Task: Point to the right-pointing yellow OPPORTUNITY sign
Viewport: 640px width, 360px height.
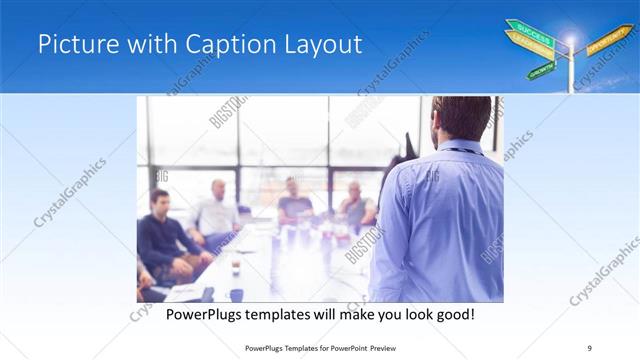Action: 608,40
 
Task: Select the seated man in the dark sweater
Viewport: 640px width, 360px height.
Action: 165,235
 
